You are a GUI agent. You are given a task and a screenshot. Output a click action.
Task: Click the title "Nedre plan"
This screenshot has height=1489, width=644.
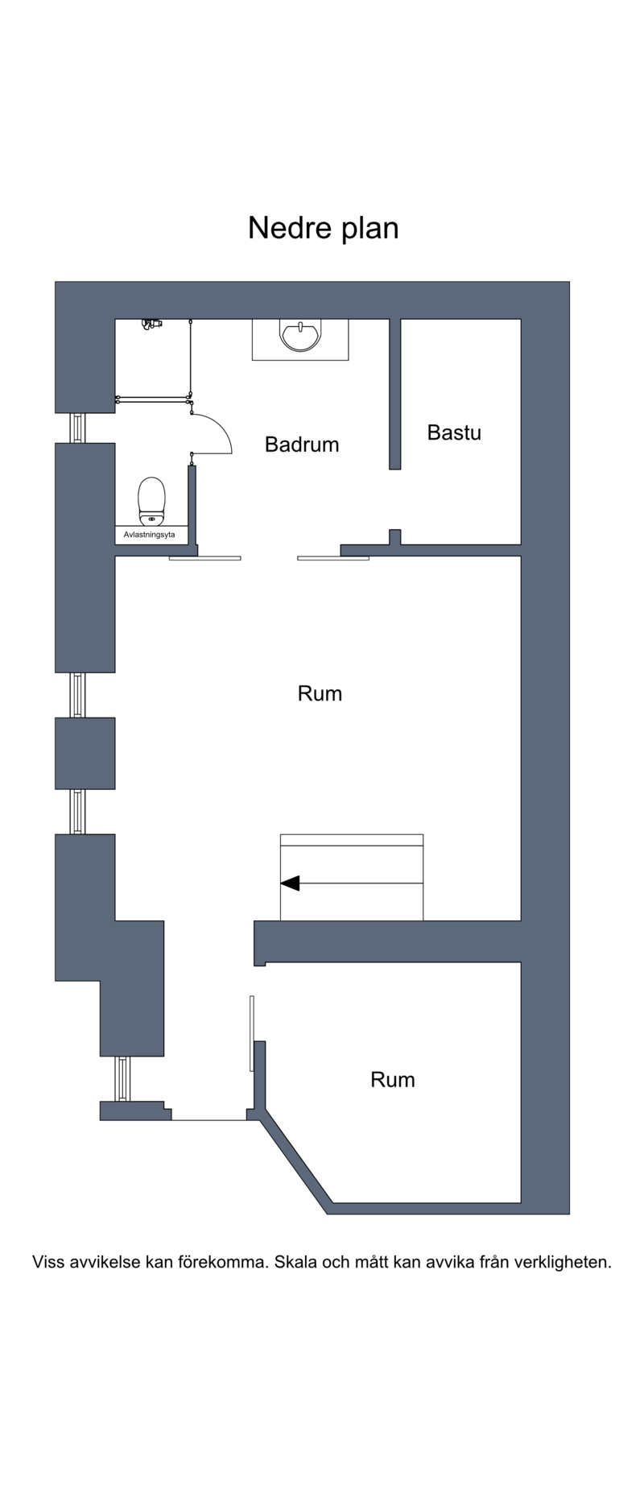point(323,229)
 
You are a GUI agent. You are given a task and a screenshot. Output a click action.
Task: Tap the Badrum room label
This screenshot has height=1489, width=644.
point(302,445)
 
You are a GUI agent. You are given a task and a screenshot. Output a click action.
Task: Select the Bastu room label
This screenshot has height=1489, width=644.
point(454,432)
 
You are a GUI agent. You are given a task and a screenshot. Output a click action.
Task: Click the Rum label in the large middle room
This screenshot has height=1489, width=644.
point(320,693)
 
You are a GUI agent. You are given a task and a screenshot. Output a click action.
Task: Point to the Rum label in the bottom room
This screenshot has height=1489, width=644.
point(392,1079)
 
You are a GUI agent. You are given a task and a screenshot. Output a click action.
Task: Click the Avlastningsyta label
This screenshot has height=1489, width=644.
point(151,535)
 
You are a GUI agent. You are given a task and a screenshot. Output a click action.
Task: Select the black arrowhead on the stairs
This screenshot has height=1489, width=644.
point(290,883)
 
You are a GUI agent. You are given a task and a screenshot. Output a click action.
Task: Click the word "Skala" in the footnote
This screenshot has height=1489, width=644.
point(295,1262)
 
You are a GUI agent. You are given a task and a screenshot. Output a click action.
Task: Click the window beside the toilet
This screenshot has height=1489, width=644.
point(77,428)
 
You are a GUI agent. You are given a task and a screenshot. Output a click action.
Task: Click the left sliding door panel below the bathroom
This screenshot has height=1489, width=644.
point(204,558)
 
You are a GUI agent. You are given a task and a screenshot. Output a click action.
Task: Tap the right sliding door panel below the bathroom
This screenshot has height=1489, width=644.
point(333,558)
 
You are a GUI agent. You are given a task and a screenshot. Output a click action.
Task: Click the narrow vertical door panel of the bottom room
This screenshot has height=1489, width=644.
point(252,1034)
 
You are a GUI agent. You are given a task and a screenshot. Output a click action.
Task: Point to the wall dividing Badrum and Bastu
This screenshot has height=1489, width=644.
point(395,394)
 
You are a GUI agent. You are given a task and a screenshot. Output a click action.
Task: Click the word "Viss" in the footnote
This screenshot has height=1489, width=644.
point(48,1262)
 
